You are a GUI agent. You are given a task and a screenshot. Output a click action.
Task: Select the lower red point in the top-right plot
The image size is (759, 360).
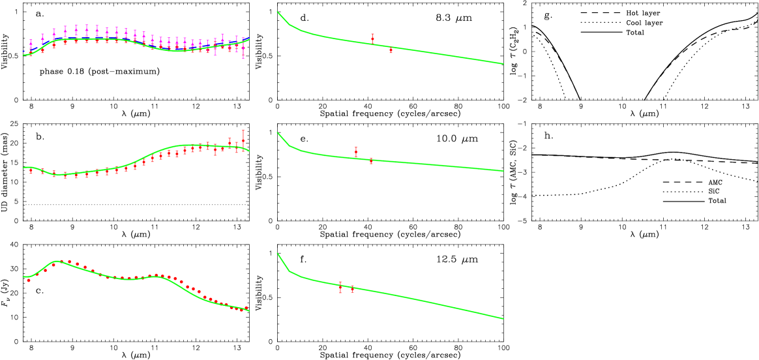coord(391,50)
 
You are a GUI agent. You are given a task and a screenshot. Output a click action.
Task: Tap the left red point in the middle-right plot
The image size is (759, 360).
coord(356,151)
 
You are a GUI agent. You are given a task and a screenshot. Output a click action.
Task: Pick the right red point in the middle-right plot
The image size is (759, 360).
coord(371,160)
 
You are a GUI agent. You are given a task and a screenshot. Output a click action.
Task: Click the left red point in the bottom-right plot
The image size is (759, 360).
coord(340,287)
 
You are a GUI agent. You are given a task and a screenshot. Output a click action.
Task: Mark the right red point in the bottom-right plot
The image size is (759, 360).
coord(352,288)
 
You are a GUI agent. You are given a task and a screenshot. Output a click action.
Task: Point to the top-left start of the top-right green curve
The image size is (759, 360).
coord(277,12)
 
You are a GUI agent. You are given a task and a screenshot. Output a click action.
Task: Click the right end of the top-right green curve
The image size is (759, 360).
coord(504,64)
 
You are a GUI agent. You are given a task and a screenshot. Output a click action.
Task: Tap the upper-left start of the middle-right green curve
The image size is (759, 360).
coord(277,132)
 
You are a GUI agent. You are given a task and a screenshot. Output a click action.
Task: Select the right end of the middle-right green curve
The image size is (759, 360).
coord(504,172)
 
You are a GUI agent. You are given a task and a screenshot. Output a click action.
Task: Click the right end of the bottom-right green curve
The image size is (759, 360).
coord(504,319)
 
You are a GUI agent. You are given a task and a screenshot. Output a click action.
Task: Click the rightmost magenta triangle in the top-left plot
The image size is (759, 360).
coord(243,47)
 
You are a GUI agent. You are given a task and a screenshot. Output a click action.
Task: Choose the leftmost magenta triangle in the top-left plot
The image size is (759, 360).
coord(31,44)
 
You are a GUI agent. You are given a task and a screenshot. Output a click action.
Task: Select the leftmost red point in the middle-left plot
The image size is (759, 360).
coord(31,172)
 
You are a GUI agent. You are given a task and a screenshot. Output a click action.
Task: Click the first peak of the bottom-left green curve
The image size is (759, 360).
coord(58,261)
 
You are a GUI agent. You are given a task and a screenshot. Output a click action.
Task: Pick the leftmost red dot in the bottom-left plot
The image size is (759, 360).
coord(29,280)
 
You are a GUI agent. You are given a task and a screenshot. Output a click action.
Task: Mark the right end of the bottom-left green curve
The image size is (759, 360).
coord(250,311)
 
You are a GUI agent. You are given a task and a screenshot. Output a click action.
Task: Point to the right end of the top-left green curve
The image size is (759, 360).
coord(250,39)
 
